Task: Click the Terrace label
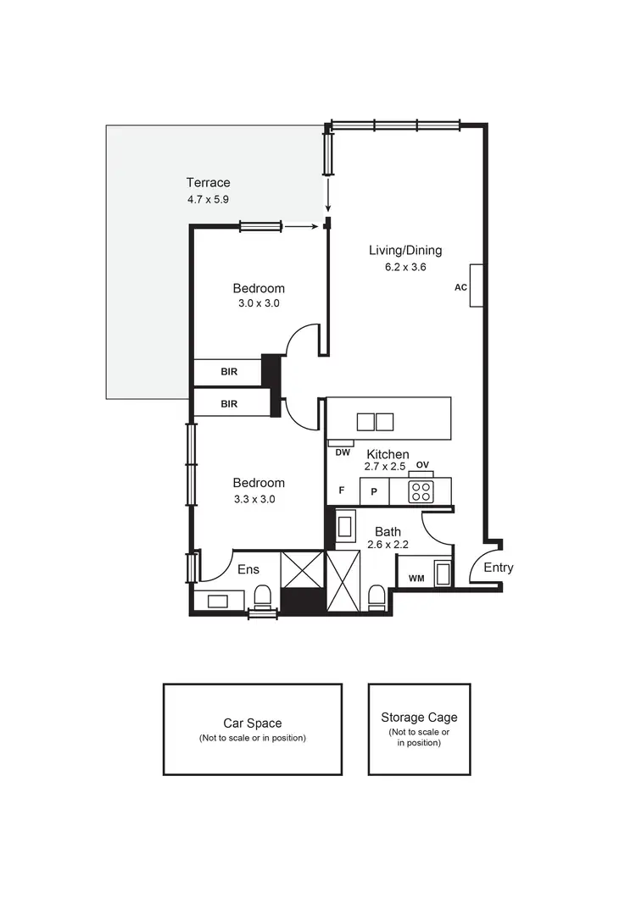pyautogui.click(x=208, y=182)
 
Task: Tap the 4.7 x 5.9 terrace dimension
pyautogui.click(x=208, y=199)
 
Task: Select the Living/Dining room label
pyautogui.click(x=404, y=250)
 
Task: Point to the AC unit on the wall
pyautogui.click(x=477, y=286)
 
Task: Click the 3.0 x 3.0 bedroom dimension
pyautogui.click(x=259, y=303)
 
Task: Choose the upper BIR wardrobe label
pyautogui.click(x=228, y=372)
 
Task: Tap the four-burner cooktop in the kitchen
pyautogui.click(x=421, y=491)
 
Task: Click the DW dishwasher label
pyautogui.click(x=343, y=452)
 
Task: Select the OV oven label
pyautogui.click(x=422, y=464)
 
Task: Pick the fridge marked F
pyautogui.click(x=342, y=491)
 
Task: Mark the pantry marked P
pyautogui.click(x=373, y=491)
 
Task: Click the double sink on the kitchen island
pyautogui.click(x=375, y=421)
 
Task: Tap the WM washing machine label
pyautogui.click(x=416, y=579)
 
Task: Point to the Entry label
pyautogui.click(x=498, y=568)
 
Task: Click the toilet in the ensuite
pyautogui.click(x=262, y=596)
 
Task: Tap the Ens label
pyautogui.click(x=248, y=569)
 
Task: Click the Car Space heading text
pyautogui.click(x=252, y=723)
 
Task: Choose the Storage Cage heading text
pyautogui.click(x=419, y=717)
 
